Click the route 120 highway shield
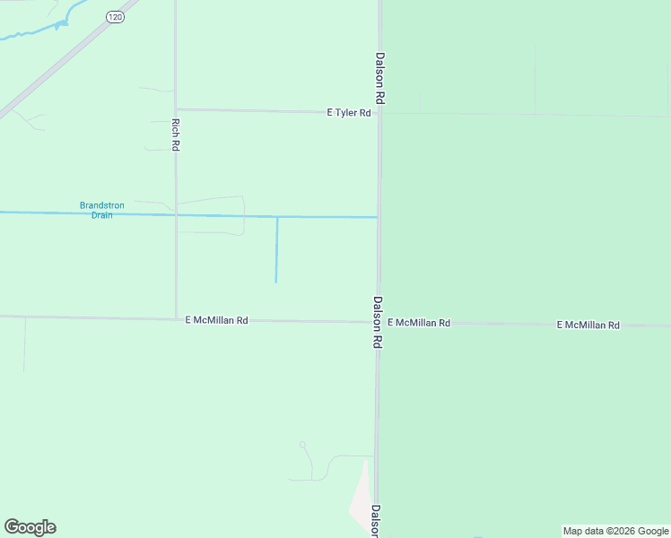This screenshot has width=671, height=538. coord(115,17)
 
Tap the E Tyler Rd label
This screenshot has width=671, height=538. coord(349,113)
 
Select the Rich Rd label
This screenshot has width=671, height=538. coord(176,134)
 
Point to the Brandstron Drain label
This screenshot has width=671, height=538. coord(102,210)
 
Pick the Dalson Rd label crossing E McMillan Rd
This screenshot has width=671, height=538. coord(379,323)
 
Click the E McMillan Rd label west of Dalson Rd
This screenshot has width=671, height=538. coord(216,319)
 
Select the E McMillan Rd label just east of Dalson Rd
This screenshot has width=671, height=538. coord(419,322)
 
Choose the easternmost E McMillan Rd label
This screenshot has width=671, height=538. coord(588,325)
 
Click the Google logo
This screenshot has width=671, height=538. coord(30,527)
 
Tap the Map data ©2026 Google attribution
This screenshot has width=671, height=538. coord(615,531)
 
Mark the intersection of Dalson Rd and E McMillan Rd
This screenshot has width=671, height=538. coord(379,322)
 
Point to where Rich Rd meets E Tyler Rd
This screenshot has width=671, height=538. coord(176,110)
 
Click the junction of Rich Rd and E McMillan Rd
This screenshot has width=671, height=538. coord(176,318)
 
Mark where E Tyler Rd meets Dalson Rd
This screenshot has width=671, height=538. coord(379,113)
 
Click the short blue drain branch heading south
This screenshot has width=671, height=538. coord(276,251)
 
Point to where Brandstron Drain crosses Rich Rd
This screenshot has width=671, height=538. coord(176,214)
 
